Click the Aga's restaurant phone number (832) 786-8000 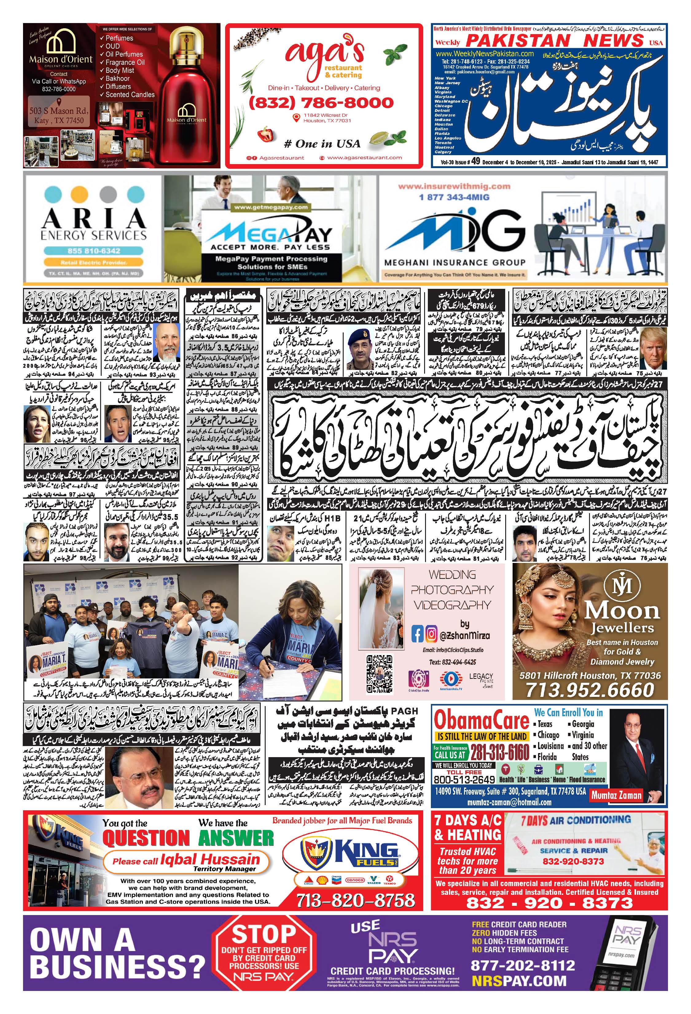click(x=321, y=103)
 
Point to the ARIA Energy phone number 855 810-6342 click(x=94, y=251)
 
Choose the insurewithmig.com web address click(x=454, y=186)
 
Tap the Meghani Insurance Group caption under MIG click(x=455, y=262)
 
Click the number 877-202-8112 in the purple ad click(x=522, y=965)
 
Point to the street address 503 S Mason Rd click(x=58, y=111)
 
